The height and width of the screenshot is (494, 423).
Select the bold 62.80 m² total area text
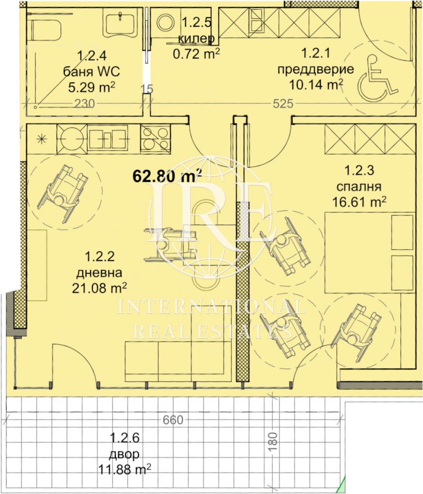[x=168, y=175]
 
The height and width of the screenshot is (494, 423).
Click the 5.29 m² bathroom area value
[x=91, y=87]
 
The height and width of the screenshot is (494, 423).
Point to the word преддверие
[x=315, y=69]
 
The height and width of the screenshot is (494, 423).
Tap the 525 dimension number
[x=283, y=103]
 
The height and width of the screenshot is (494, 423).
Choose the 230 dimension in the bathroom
[x=85, y=103]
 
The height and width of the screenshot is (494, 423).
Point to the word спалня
[x=359, y=187]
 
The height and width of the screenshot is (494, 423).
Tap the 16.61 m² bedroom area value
[x=359, y=202]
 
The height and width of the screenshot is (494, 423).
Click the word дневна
[x=99, y=273]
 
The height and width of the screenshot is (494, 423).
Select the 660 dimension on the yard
[x=172, y=420]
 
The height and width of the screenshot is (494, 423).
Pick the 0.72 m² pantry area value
[x=196, y=54]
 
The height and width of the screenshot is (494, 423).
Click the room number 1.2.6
[x=124, y=438]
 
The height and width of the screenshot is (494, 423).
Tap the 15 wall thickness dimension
[x=147, y=89]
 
